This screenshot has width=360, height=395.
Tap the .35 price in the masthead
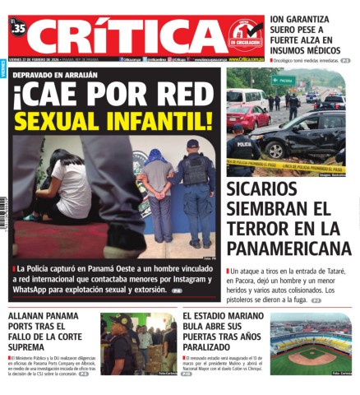(x=19, y=30)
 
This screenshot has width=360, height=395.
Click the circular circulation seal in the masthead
(x=245, y=35)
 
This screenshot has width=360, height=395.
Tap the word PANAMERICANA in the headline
(x=288, y=247)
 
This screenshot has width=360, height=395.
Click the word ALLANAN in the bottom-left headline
(x=30, y=316)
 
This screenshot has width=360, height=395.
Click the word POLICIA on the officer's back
(x=244, y=142)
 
